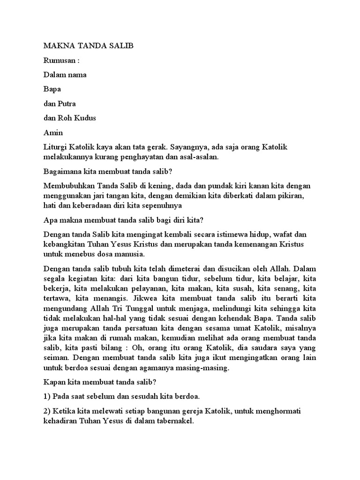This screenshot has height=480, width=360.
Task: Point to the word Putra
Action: point(66,104)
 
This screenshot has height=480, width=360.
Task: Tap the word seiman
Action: point(55,358)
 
